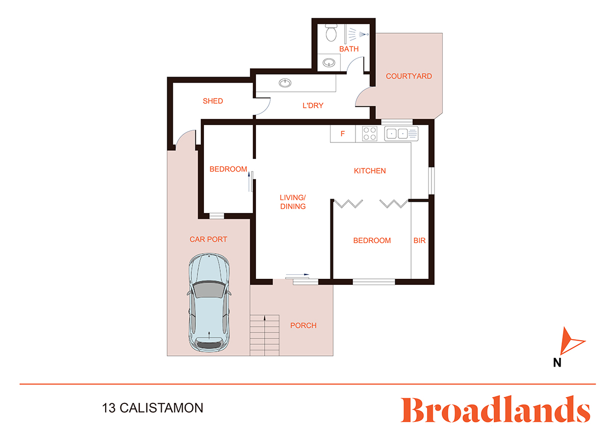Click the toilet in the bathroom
point(331,33)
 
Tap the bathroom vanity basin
point(328,63)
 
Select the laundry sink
point(285,83)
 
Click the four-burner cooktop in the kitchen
point(369,134)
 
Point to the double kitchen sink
point(401,134)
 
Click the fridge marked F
point(343,134)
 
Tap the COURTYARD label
point(409,76)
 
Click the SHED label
point(213,101)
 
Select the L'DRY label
point(313,105)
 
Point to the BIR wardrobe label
point(419,240)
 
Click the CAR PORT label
point(208,239)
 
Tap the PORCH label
point(303,325)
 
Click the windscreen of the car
point(209,290)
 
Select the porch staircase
point(265,335)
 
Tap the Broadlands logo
point(495,409)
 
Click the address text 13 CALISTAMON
point(152,408)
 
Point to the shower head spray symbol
point(359,34)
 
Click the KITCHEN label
point(370,171)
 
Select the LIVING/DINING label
point(293,202)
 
